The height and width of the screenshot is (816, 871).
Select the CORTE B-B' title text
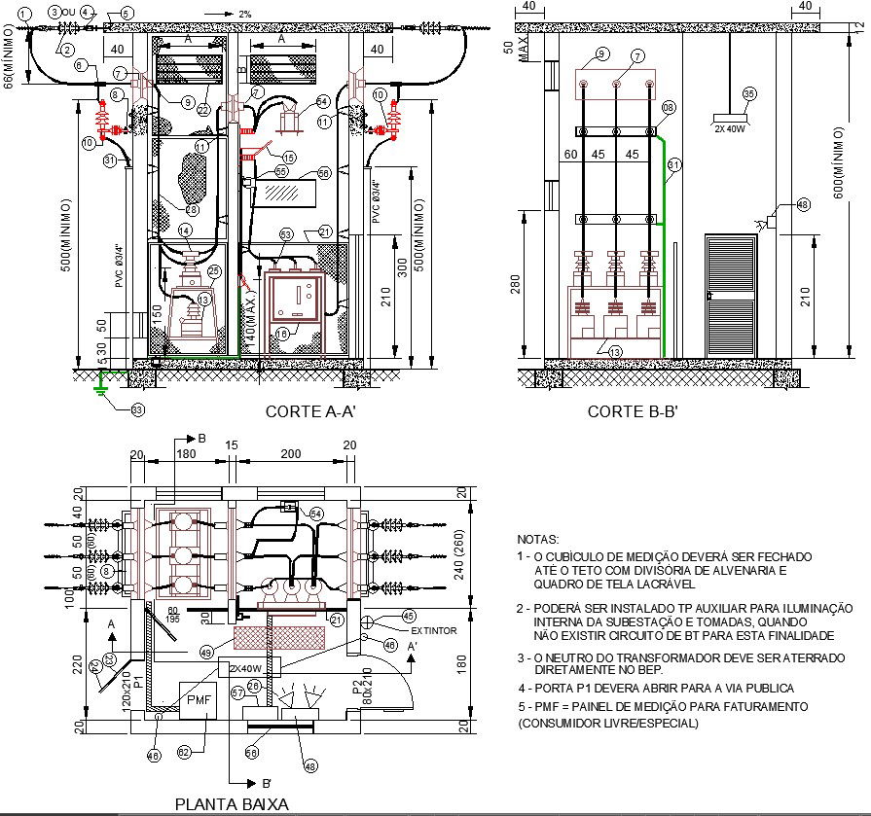[632, 412]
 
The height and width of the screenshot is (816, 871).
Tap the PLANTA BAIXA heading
[231, 804]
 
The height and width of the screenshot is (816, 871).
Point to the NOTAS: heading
[538, 539]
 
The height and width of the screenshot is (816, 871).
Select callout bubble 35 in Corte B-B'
[748, 94]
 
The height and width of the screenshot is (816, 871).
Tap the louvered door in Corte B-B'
[730, 293]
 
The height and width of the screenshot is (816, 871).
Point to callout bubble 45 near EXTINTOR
[409, 616]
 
